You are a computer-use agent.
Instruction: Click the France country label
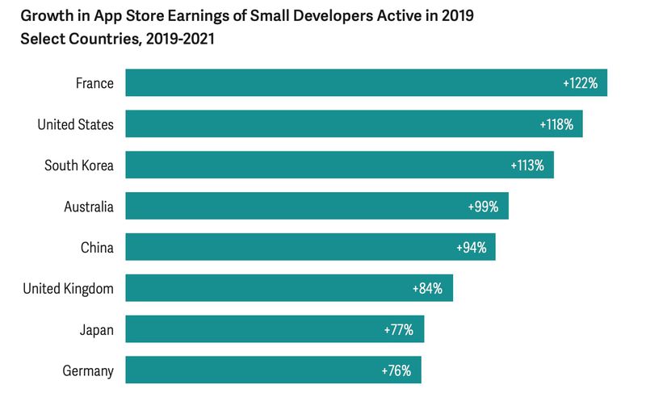click(94, 83)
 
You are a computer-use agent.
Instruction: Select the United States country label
click(75, 124)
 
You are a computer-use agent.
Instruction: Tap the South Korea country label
click(78, 165)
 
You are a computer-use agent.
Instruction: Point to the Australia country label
click(89, 207)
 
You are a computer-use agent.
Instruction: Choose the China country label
click(97, 248)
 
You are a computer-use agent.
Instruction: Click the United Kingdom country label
click(68, 289)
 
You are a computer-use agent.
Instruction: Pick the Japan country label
click(96, 330)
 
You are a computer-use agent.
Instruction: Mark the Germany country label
click(88, 371)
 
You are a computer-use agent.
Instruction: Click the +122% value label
click(580, 83)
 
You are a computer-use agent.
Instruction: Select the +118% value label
click(556, 124)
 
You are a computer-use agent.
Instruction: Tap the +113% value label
click(527, 165)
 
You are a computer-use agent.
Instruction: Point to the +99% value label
click(483, 207)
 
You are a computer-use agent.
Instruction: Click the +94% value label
click(470, 248)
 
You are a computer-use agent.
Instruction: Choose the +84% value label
click(427, 289)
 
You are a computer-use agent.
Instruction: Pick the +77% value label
click(398, 330)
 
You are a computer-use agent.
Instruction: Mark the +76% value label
click(396, 371)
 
